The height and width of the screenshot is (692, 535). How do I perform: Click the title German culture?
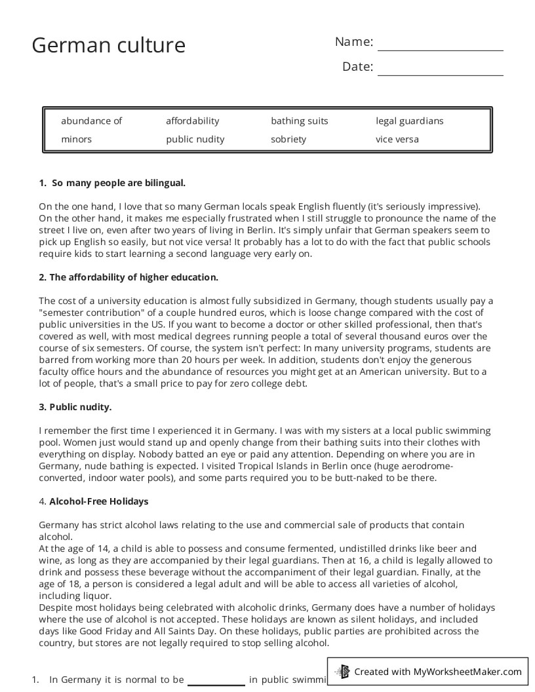point(109,45)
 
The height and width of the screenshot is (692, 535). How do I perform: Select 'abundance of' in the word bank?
point(91,121)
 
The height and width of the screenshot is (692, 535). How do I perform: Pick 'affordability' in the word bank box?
point(192,121)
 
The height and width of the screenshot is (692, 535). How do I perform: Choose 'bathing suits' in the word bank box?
point(299,121)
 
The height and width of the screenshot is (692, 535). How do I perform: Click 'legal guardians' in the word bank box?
point(409,121)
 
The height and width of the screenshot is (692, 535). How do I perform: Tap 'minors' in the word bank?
point(76,139)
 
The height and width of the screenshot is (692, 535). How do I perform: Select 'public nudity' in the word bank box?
point(195,139)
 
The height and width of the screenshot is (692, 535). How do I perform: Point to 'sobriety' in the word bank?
point(288,139)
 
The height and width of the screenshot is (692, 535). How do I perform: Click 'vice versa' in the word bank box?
point(397,139)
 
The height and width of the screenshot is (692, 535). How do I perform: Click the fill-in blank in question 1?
point(216,680)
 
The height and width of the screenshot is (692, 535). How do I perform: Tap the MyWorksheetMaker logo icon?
point(342,671)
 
